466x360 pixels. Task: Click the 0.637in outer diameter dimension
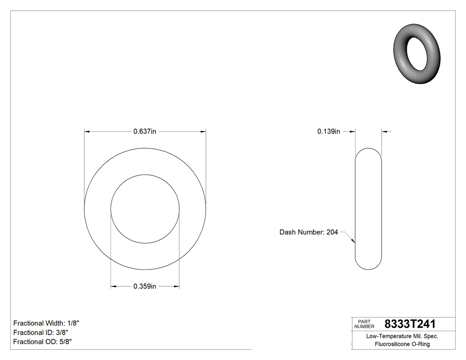(x=145, y=131)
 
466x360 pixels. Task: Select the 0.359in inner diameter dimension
(x=145, y=286)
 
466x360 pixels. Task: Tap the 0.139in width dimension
(x=328, y=131)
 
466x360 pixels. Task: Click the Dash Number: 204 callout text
(x=308, y=232)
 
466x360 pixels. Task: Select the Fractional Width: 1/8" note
(x=47, y=323)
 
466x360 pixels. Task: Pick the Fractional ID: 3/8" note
(x=41, y=332)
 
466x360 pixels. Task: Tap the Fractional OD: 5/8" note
(x=43, y=342)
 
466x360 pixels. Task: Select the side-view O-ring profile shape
(x=368, y=209)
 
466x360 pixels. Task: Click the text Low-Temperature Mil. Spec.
(x=402, y=336)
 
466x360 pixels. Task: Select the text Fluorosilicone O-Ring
(x=402, y=344)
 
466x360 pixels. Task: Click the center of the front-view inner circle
(x=145, y=209)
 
